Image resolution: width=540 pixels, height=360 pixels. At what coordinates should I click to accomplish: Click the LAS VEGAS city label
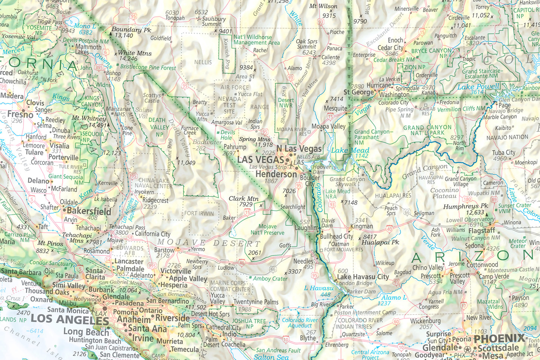pyautogui.click(x=260, y=159)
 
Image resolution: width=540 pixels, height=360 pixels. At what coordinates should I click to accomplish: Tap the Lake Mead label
pyautogui.click(x=350, y=150)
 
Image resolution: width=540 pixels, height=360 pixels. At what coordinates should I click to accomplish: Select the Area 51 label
pyautogui.click(x=245, y=77)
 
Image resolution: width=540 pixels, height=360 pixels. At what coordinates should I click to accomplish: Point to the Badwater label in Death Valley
pyautogui.click(x=207, y=142)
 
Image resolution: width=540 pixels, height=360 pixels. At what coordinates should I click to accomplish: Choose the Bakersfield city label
pyautogui.click(x=89, y=211)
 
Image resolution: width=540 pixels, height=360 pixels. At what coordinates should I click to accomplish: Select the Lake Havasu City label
pyautogui.click(x=363, y=277)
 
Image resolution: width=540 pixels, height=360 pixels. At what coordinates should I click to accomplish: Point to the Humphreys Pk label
pyautogui.click(x=466, y=206)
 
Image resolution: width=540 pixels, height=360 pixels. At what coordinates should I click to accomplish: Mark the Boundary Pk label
pyautogui.click(x=131, y=30)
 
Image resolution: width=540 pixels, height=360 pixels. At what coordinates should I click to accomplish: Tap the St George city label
pyautogui.click(x=358, y=92)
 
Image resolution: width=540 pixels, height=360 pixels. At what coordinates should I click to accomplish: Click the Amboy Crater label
pyautogui.click(x=270, y=279)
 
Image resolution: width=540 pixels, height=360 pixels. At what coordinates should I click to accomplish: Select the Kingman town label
pyautogui.click(x=361, y=226)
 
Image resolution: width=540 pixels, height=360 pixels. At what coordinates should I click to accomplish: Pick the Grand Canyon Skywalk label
pyautogui.click(x=347, y=181)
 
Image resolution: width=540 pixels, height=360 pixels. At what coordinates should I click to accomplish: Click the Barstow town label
pyautogui.click(x=164, y=250)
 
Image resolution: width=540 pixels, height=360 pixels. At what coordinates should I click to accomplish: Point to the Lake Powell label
pyautogui.click(x=478, y=87)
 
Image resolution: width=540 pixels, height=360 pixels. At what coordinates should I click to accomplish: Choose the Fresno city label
pyautogui.click(x=20, y=114)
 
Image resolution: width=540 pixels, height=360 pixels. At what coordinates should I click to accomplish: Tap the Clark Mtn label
pyautogui.click(x=244, y=199)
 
